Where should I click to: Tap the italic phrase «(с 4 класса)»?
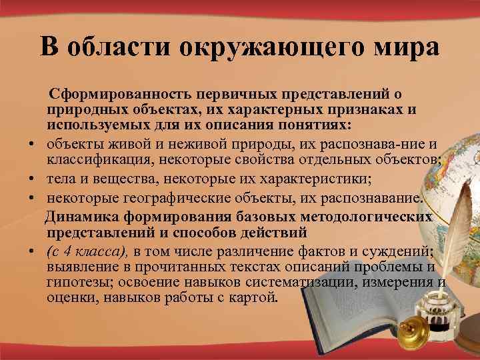[x=88, y=251]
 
